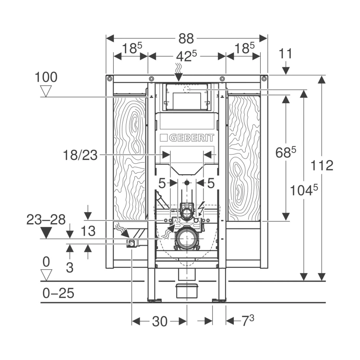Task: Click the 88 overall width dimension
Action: [x=186, y=39]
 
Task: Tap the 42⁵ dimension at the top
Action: [x=186, y=56]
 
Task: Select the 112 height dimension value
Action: [x=322, y=165]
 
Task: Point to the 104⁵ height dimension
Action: [x=304, y=190]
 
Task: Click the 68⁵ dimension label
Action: [x=286, y=152]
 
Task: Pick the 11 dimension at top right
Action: [x=286, y=54]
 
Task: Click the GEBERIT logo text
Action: [x=192, y=138]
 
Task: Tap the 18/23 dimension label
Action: [x=80, y=155]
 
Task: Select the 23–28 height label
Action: [x=46, y=220]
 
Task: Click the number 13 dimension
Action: [x=88, y=231]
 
